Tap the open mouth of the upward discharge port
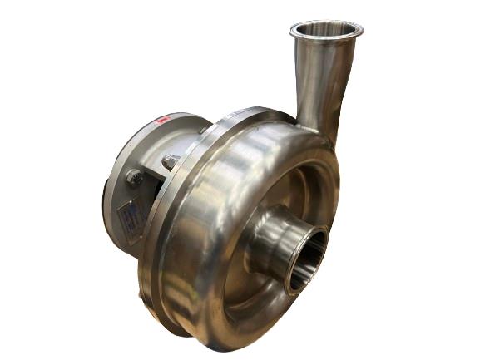(x=327, y=30)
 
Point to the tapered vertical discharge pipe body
(x=321, y=83)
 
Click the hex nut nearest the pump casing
(x=171, y=162)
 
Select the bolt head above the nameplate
(x=133, y=177)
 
